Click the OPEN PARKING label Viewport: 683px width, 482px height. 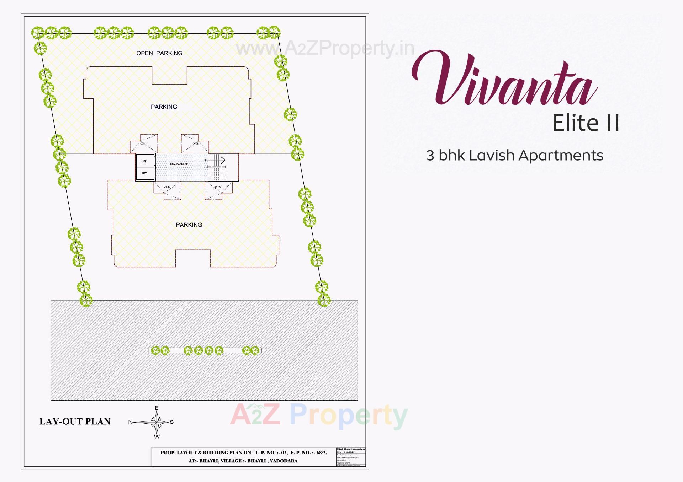click(x=159, y=53)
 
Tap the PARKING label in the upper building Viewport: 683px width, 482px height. click(x=164, y=107)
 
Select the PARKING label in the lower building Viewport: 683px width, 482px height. click(x=189, y=224)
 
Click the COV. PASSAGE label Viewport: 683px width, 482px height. click(x=179, y=164)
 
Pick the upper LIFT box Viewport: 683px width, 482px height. click(x=144, y=161)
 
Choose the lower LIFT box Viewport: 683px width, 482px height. click(x=144, y=173)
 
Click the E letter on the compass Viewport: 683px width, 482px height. click(x=157, y=408)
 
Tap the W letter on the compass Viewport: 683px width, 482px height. click(x=157, y=436)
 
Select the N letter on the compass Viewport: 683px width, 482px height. click(x=130, y=422)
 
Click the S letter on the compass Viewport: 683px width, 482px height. click(x=172, y=422)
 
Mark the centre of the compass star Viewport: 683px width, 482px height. click(x=157, y=422)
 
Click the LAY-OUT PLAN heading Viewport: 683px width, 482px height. click(x=75, y=422)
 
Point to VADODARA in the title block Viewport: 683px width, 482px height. click(x=284, y=461)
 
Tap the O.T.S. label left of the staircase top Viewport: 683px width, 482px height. click(x=195, y=143)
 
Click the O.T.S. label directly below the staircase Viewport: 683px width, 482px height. click(x=218, y=187)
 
